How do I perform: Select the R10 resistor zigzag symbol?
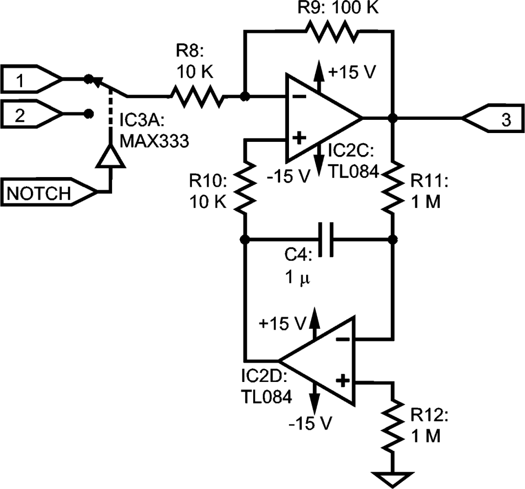(245, 190)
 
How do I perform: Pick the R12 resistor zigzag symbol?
(392, 423)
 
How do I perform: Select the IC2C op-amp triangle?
(321, 118)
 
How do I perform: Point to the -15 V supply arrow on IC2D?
(313, 399)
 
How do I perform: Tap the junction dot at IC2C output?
(392, 118)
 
